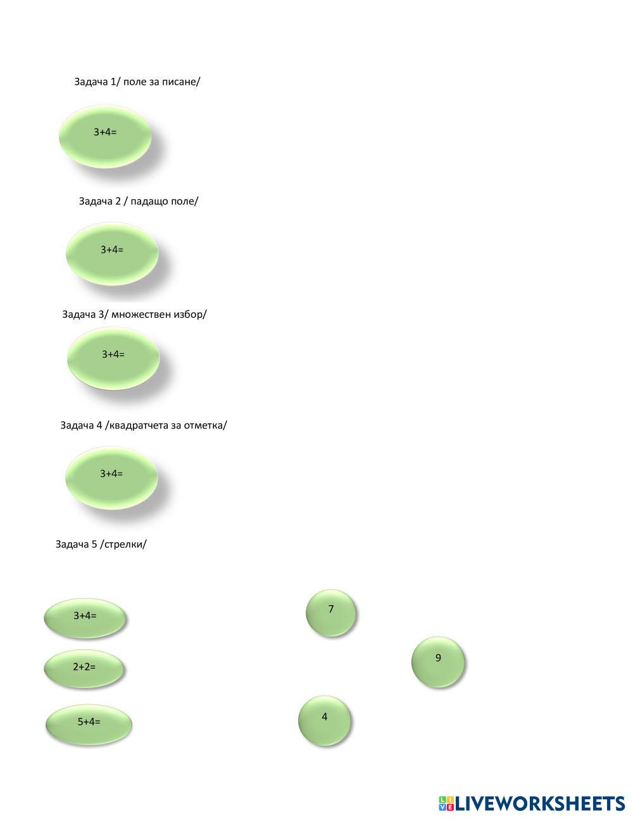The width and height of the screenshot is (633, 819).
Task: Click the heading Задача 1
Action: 137,82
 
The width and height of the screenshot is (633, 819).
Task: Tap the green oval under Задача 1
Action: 105,135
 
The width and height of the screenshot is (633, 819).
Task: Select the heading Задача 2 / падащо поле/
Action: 138,201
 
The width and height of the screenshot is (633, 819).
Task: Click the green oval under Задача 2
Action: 112,253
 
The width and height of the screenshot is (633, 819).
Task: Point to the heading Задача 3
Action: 134,314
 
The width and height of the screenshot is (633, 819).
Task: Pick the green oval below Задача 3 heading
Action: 113,358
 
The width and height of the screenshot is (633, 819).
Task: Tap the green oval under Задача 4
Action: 111,477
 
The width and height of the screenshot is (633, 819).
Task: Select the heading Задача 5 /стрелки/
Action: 101,544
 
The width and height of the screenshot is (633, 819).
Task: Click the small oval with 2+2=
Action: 84,668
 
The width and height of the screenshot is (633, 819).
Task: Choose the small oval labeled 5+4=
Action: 89,722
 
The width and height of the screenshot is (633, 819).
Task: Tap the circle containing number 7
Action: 331,613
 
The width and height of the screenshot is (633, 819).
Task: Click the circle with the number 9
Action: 438,662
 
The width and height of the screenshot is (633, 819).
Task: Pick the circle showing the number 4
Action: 325,720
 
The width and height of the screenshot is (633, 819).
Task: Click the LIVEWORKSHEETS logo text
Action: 540,804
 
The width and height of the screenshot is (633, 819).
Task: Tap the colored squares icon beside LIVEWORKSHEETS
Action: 446,804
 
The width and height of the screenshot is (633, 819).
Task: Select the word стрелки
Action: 123,544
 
